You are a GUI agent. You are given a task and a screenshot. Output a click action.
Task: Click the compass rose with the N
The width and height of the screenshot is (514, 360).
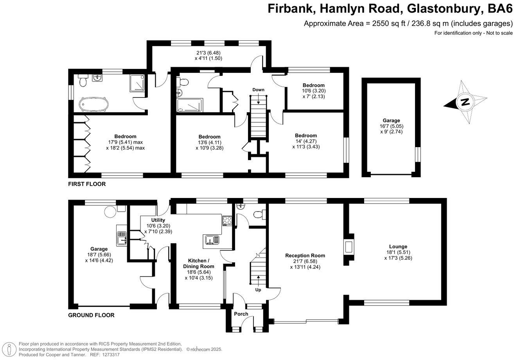click(x=465, y=103)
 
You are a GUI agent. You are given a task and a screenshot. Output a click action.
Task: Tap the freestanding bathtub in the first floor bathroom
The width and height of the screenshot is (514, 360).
click(x=93, y=105)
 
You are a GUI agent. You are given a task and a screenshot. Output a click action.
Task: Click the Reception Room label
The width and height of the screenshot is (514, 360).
click(x=305, y=256)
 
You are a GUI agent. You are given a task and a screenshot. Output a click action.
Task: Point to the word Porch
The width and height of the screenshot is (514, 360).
click(x=241, y=314)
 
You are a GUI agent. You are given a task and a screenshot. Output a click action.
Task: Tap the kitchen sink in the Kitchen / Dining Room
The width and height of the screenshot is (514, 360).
click(x=212, y=239)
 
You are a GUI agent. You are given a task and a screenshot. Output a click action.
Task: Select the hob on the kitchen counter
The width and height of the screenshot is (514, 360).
click(x=227, y=221)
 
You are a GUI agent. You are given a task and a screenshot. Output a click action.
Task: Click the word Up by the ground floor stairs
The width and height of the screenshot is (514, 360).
click(x=258, y=290)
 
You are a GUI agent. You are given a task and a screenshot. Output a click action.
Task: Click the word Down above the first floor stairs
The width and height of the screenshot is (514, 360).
click(x=258, y=90)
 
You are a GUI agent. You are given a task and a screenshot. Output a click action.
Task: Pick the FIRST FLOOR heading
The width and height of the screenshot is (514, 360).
click(x=86, y=184)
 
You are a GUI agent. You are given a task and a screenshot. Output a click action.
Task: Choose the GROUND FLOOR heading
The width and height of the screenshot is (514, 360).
click(x=91, y=315)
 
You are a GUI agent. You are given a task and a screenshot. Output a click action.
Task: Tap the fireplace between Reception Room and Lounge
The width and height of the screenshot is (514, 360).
click(x=349, y=247)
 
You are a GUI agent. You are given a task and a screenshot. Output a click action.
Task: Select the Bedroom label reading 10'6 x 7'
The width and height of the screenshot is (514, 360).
click(x=314, y=85)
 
